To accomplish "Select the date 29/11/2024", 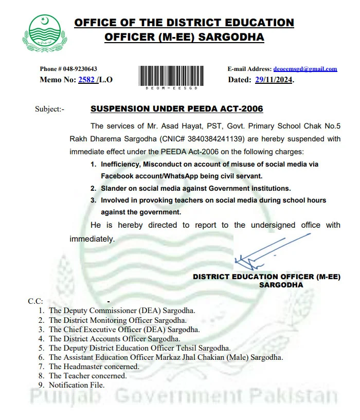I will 274,80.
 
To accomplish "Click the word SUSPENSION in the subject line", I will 119,109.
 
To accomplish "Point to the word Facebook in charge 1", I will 119,176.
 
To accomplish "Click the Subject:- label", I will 50,109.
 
